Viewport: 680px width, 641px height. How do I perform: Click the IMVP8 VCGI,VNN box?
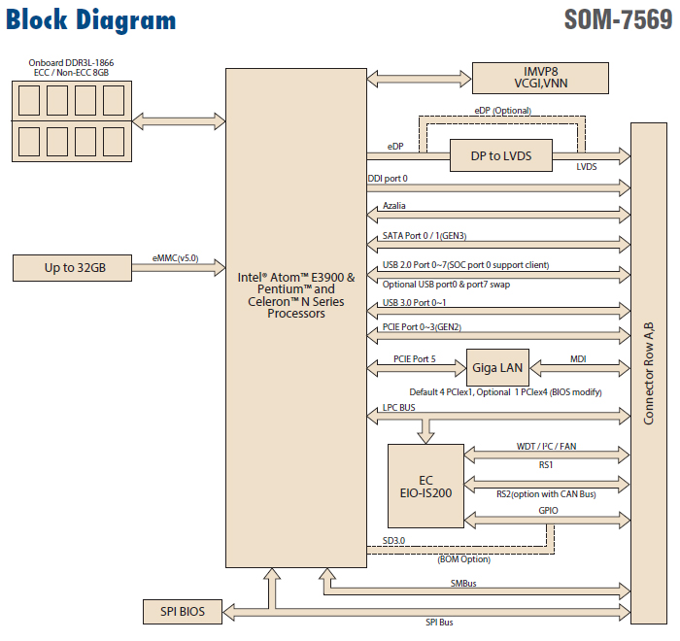pos(539,77)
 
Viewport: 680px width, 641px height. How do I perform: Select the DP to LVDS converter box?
pos(499,154)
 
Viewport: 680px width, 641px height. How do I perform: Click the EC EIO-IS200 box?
pos(425,485)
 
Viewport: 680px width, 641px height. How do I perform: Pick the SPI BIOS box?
pos(181,612)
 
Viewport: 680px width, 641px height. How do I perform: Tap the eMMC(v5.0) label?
pos(176,258)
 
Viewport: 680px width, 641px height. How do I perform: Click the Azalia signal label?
pos(394,207)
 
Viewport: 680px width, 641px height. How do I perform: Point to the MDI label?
pos(577,359)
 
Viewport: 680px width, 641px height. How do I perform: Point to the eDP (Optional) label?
pos(503,111)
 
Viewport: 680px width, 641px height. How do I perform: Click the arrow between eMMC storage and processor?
pos(179,269)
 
